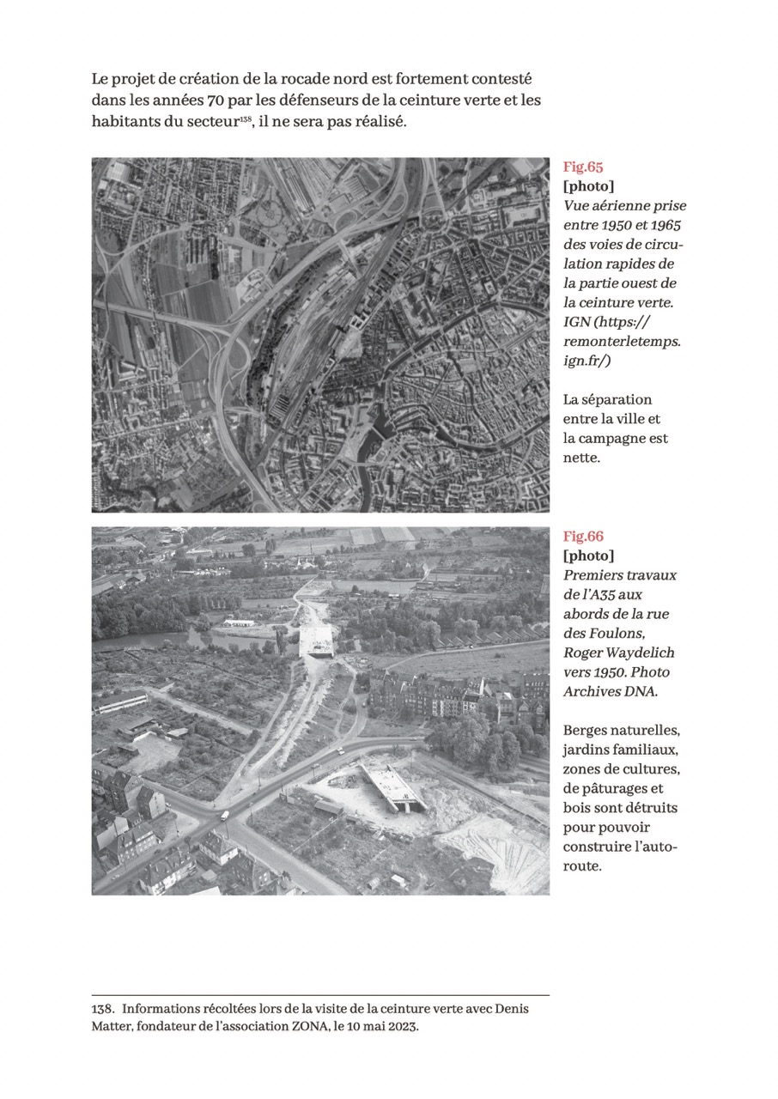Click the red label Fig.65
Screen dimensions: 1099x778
583,167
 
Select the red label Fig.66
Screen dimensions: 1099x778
583,537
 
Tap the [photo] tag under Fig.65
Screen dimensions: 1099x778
588,186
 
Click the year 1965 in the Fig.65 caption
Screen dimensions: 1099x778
663,225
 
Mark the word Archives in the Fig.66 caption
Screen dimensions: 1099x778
593,692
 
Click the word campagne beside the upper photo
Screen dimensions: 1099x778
616,439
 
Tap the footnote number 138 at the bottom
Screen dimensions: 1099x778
102,1009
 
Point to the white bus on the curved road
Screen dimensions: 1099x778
224,816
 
